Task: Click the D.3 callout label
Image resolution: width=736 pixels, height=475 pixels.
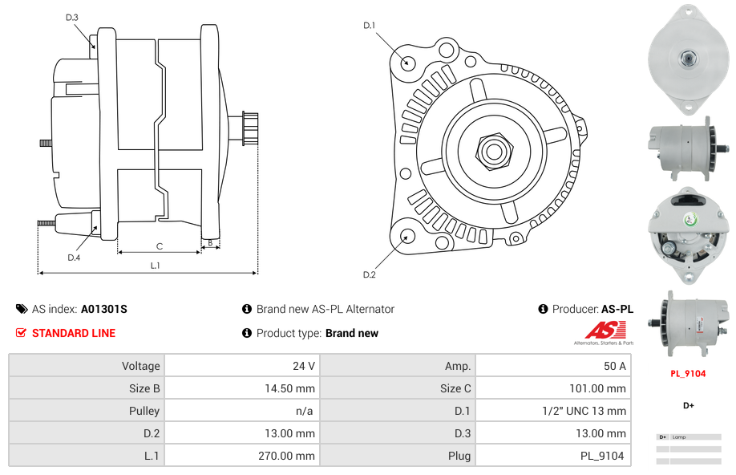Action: click(x=72, y=17)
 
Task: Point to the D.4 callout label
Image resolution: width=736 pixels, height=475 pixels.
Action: click(x=74, y=258)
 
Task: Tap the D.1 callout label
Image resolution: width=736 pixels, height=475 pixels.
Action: click(x=370, y=26)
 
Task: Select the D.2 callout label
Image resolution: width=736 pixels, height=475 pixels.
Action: click(x=370, y=275)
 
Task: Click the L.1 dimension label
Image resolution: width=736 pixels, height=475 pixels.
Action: click(x=156, y=265)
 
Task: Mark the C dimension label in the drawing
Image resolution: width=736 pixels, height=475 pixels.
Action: click(x=160, y=246)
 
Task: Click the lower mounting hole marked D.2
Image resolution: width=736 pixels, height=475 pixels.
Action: click(x=407, y=236)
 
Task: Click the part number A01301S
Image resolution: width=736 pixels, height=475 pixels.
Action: click(x=104, y=309)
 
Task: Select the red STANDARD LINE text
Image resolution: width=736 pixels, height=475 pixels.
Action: click(x=74, y=333)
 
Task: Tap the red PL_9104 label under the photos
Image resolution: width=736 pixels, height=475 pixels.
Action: click(x=688, y=374)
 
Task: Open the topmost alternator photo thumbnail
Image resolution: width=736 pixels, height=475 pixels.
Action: click(x=688, y=59)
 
